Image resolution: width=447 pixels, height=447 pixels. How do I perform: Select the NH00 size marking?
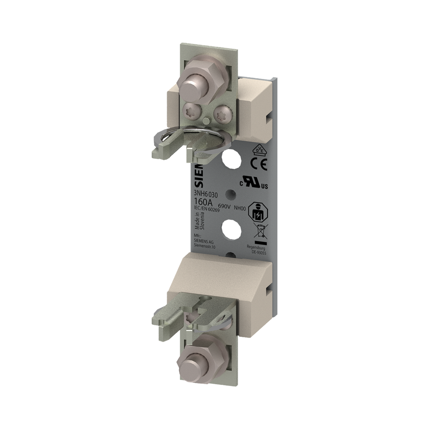[240, 209]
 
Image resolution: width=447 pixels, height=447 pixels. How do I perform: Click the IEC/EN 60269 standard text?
[206, 209]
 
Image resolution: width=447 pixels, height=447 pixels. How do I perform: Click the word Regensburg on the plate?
[256, 247]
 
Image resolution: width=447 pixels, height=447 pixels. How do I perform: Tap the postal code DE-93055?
[258, 253]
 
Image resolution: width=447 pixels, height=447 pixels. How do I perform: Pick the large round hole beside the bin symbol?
[232, 229]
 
